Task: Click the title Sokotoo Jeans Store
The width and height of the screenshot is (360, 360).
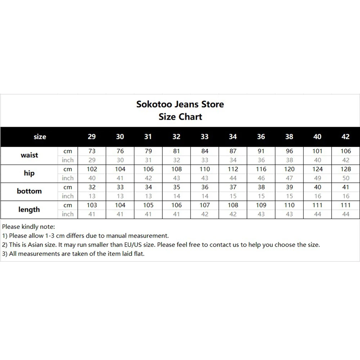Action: pos(180,104)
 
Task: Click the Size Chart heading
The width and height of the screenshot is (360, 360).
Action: pos(180,117)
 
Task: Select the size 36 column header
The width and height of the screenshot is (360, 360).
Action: pos(261,137)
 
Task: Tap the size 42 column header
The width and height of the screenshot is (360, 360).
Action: pos(346,137)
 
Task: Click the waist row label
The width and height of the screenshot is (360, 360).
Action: pos(29,155)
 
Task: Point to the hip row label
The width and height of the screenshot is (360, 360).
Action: pos(29,173)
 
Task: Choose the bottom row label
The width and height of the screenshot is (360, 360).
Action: pos(29,191)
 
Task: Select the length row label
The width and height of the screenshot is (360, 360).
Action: pos(29,209)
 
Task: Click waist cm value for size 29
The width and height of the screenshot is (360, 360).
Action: pos(92,152)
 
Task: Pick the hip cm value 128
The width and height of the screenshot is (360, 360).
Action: pos(346,169)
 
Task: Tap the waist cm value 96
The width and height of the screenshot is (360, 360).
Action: pos(289,152)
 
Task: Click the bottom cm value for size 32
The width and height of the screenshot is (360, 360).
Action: pos(176,187)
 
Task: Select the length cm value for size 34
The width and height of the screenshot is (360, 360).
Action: pos(233,205)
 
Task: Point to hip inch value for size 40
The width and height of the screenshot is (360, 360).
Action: pos(318,178)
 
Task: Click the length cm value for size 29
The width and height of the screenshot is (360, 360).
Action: pos(92,205)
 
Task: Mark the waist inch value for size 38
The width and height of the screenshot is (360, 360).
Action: pos(289,160)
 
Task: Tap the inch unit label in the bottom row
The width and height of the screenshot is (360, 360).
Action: pos(68,196)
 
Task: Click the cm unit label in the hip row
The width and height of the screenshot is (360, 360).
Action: pos(68,169)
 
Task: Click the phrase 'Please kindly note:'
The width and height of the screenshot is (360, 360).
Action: pos(28,227)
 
